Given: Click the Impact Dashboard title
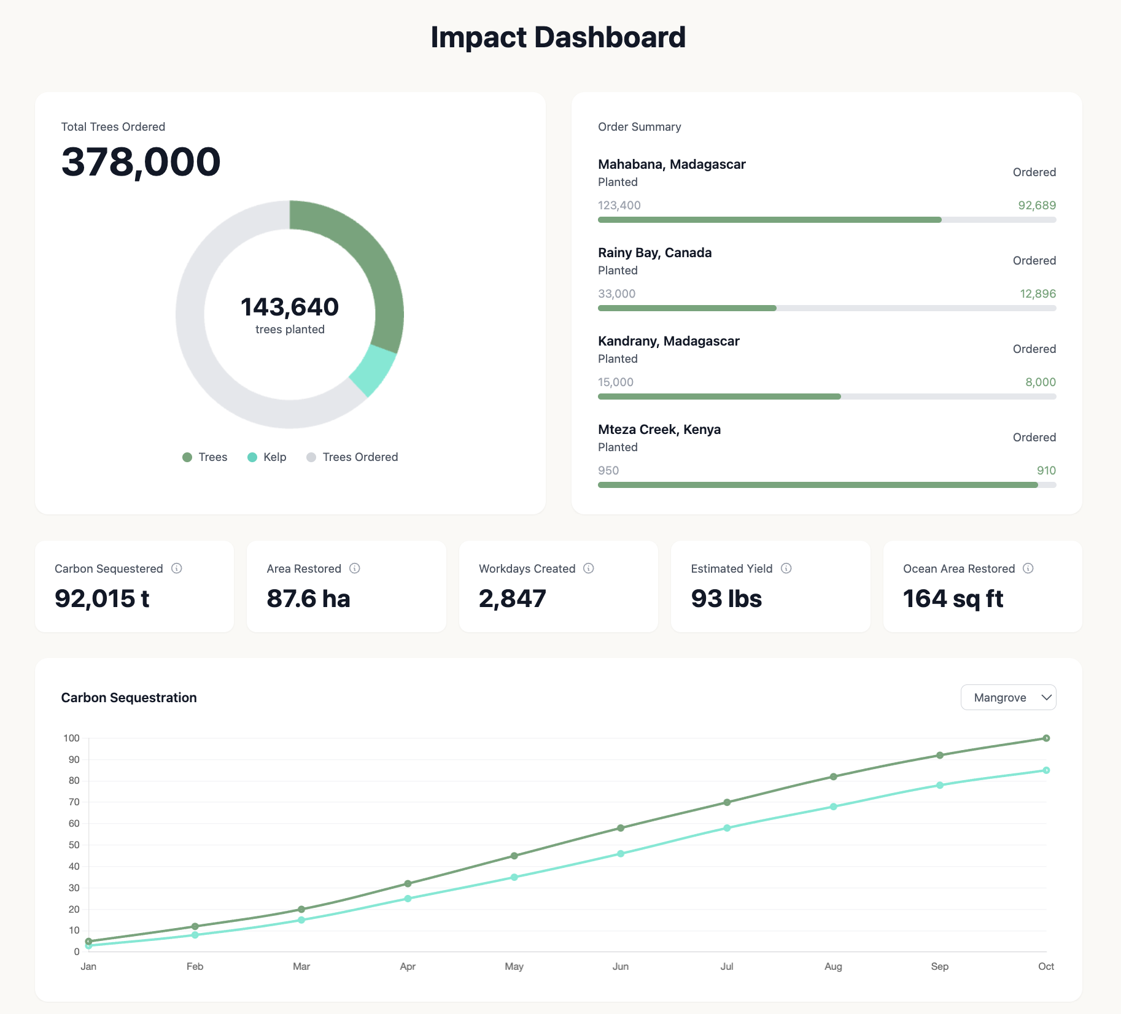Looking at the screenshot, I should (x=557, y=37).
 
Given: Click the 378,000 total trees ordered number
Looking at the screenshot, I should (x=141, y=162).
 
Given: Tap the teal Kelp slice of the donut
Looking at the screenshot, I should (x=374, y=370).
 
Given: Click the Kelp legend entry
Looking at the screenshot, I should (x=267, y=457).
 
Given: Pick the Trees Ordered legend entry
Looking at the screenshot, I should (x=352, y=457).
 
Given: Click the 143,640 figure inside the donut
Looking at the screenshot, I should (x=289, y=307).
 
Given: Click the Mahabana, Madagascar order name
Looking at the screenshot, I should (x=672, y=164).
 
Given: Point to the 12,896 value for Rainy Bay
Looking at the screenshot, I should (x=1038, y=294).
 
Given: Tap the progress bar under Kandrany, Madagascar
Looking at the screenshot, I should (x=826, y=397).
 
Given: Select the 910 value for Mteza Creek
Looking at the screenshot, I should (x=1046, y=471).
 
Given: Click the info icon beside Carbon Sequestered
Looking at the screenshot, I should (x=177, y=568).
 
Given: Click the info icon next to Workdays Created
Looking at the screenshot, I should (x=588, y=568).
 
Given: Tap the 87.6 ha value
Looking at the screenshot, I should (x=308, y=598).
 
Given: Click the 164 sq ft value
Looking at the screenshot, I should (x=953, y=598).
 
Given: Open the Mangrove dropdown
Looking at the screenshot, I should (x=1008, y=697).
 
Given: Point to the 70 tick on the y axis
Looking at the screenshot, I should (x=74, y=802).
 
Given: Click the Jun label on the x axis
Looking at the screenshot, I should (x=620, y=966).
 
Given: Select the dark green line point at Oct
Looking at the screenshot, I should (x=1046, y=738).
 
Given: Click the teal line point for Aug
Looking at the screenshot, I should (x=833, y=807).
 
